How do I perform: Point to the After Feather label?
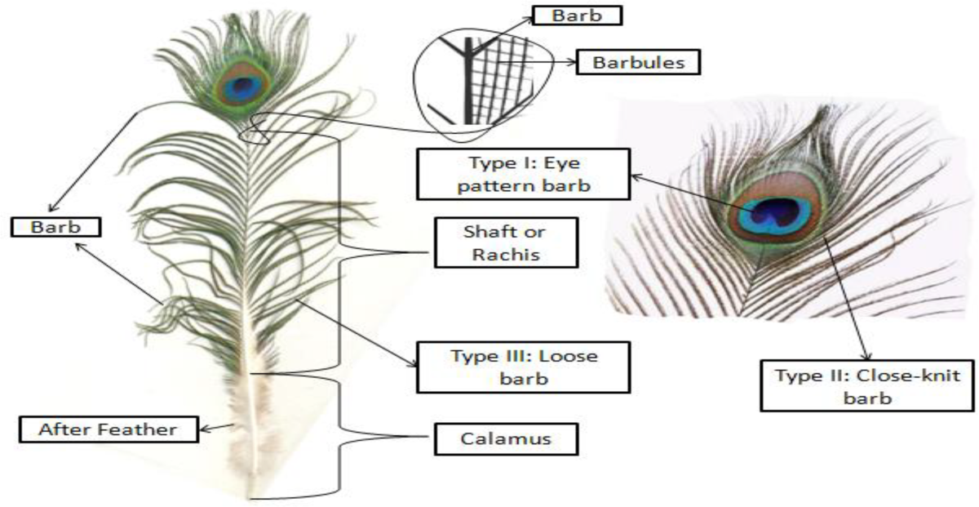[108, 427]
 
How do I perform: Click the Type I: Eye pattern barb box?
[524, 174]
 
